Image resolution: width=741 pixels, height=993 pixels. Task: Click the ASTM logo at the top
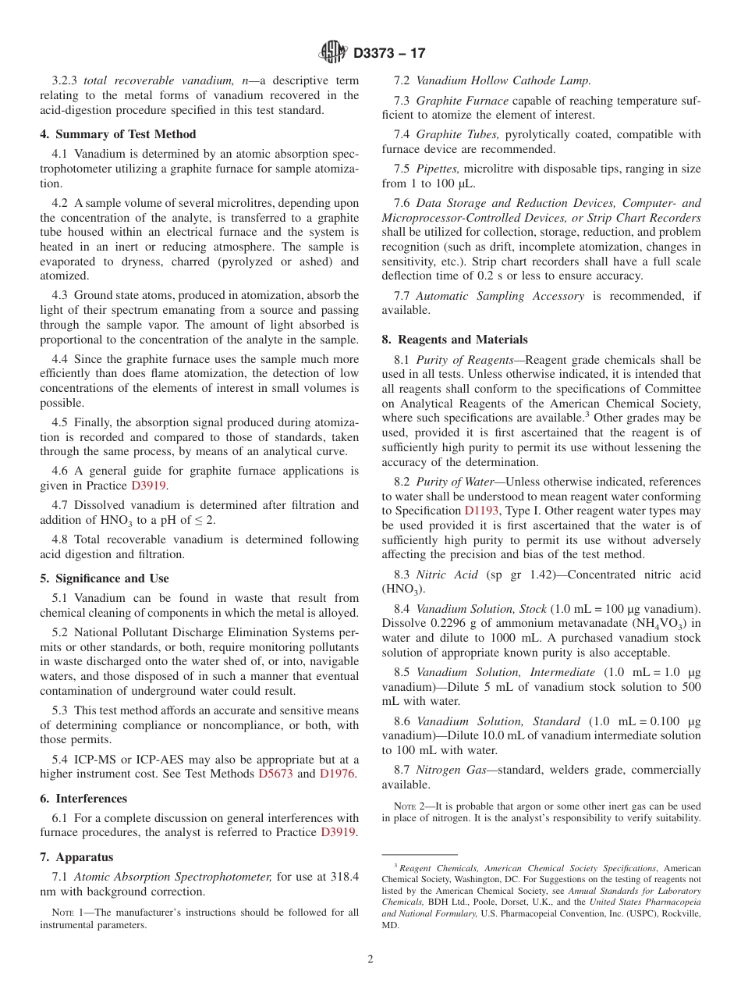point(333,52)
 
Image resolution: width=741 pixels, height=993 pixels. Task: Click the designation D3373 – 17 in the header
point(389,53)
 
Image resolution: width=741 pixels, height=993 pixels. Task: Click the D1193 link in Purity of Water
point(481,511)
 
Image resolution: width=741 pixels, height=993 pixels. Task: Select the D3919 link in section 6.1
point(339,832)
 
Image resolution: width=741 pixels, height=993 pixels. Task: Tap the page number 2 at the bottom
point(370,959)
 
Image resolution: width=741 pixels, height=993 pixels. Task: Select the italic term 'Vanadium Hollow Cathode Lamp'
point(503,80)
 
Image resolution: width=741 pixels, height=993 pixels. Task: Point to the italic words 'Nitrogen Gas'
point(451,770)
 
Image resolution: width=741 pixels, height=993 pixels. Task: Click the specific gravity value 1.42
point(515,575)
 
